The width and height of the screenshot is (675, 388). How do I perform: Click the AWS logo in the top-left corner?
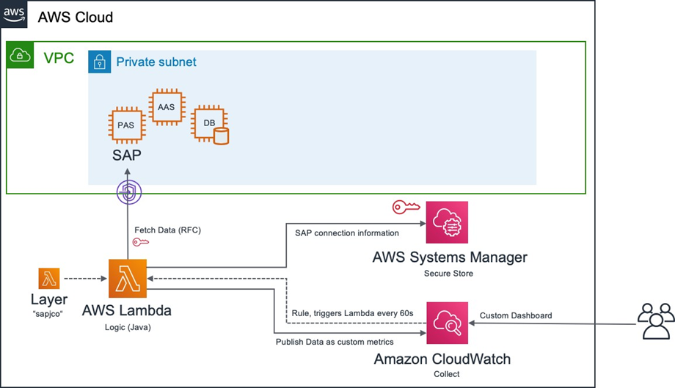tap(14, 14)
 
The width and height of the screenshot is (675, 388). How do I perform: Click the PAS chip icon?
tap(125, 125)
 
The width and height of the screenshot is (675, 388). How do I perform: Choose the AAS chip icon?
tap(166, 107)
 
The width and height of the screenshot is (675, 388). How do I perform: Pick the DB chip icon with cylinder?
tap(208, 125)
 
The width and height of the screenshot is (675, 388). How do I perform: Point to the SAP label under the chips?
tap(126, 155)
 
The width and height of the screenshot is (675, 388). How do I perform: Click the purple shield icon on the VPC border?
tap(128, 193)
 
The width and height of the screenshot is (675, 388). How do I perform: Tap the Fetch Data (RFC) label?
tap(167, 230)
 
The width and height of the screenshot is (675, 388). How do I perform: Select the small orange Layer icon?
tap(49, 279)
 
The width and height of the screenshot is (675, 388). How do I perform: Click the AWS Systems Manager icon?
tap(447, 223)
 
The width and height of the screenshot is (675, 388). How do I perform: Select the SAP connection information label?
tap(346, 233)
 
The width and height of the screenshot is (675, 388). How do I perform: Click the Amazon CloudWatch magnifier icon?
tap(447, 323)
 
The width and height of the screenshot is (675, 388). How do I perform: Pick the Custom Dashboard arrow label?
tap(516, 316)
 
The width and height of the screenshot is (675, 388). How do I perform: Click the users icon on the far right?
tap(655, 321)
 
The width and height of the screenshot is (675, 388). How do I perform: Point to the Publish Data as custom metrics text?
tap(335, 342)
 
